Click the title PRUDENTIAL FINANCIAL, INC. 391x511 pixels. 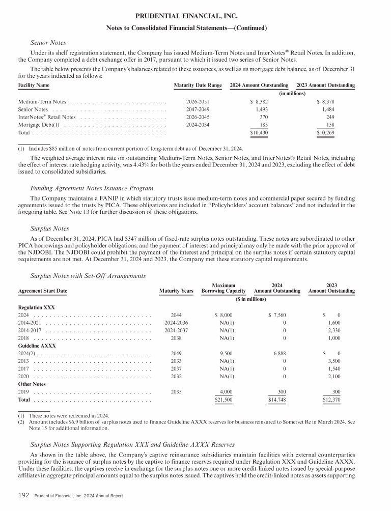coord(195,16)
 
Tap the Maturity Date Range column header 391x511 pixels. coord(198,84)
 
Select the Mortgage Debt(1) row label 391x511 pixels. coord(39,125)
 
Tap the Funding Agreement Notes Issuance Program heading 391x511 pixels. coord(92,188)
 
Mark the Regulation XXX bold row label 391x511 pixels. coord(37,307)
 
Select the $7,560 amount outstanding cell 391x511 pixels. coord(277,315)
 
